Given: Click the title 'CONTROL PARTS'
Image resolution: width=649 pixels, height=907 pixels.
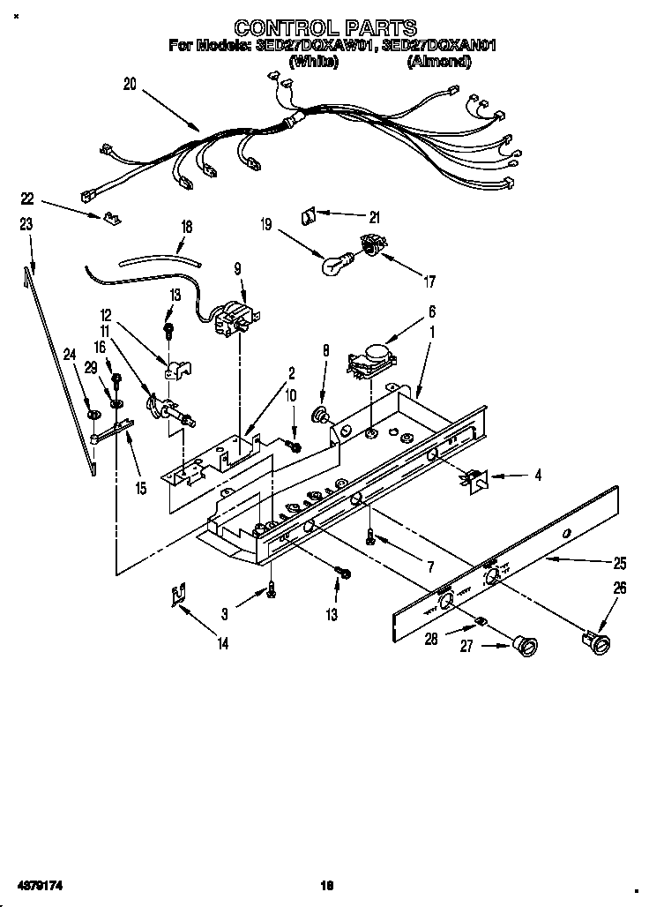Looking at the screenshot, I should coord(325,28).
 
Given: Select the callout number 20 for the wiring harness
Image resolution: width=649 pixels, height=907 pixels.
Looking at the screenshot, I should coord(131,85).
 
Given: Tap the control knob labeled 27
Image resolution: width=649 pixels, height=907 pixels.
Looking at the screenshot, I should coord(526,647).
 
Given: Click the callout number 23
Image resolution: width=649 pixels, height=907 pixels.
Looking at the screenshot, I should coord(26,225).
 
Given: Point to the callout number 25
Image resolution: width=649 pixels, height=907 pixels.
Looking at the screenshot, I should coord(620,562).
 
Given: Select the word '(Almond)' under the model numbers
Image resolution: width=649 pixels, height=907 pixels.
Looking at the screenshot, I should coord(438,62).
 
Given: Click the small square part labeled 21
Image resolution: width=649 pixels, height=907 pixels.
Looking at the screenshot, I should coord(310,214).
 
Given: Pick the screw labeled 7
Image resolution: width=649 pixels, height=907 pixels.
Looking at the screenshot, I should coord(372,536).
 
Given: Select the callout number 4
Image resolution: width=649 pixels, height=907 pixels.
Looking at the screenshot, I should coord(537,476).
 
